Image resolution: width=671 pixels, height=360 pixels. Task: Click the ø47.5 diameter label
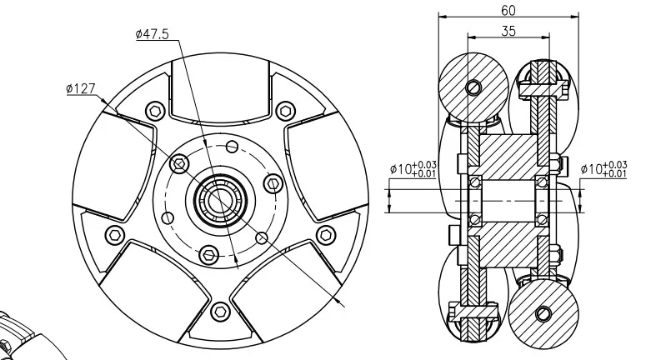[x=153, y=34]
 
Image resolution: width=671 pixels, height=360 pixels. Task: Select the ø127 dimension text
[x=81, y=88]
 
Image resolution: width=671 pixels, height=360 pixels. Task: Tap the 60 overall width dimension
[x=508, y=11]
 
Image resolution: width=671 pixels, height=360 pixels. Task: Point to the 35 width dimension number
[x=508, y=31]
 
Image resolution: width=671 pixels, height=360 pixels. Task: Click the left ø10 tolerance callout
[x=413, y=168]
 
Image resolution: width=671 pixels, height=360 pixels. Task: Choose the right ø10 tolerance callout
[x=603, y=168]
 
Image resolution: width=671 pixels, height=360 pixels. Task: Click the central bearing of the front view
[x=219, y=200]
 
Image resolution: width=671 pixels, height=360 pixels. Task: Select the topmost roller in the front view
[x=221, y=89]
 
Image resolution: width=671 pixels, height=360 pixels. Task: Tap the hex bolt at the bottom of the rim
[x=221, y=311]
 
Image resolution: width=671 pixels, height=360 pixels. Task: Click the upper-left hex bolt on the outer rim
[x=155, y=112]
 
